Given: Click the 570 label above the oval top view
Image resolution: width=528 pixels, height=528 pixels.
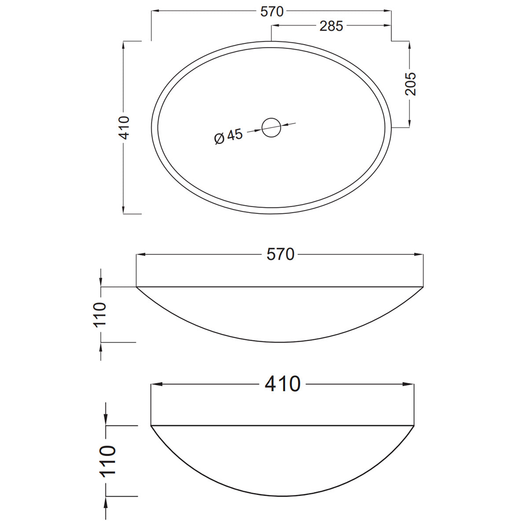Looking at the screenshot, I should [x=271, y=11].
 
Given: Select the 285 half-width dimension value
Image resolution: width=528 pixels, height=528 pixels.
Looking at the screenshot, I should [x=331, y=26].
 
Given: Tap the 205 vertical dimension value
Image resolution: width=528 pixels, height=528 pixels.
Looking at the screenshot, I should [x=410, y=84].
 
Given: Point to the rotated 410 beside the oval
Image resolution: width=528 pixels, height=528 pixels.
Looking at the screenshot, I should [x=125, y=128].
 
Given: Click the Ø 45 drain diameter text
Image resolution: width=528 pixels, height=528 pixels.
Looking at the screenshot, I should [x=228, y=136].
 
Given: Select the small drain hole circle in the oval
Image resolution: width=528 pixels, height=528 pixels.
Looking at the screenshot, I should [x=271, y=128].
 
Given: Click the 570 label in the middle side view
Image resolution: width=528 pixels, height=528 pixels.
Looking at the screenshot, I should [x=280, y=254].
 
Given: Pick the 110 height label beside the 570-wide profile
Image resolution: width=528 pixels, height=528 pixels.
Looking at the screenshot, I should [x=101, y=314].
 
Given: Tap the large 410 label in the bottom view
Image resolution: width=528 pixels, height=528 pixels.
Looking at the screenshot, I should [x=282, y=384].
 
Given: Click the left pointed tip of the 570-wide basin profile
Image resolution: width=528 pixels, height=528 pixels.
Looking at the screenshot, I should [x=137, y=287].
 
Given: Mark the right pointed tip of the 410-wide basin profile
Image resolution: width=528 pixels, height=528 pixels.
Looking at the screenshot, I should [x=414, y=425].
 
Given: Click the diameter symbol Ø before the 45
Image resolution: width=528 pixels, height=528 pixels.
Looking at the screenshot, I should [x=219, y=139].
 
